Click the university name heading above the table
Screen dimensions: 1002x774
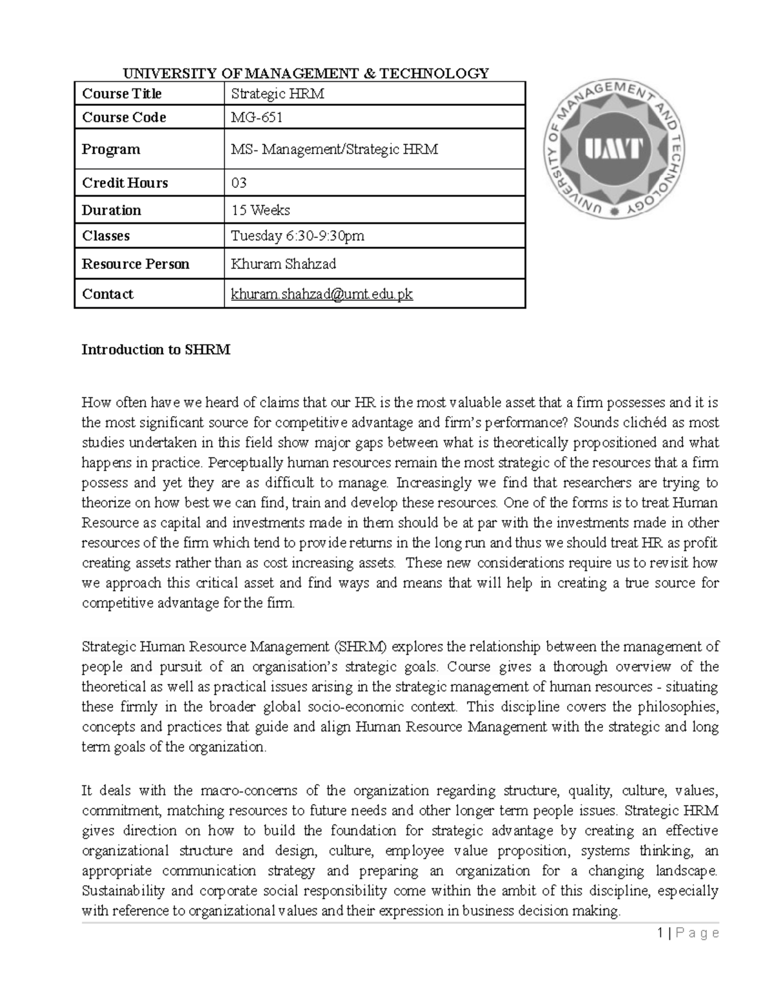(x=301, y=73)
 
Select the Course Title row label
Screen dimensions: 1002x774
(x=122, y=94)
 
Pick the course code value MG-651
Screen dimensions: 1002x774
(x=257, y=117)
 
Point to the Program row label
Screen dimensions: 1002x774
(x=111, y=150)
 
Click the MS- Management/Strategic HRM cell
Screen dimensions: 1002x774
(x=334, y=150)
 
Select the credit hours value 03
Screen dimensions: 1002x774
(x=239, y=183)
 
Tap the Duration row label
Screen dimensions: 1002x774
(x=111, y=210)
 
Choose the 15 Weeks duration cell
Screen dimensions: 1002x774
(x=261, y=210)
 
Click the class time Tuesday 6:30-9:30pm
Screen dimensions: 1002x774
(x=297, y=236)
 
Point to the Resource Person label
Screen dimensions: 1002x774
(x=135, y=264)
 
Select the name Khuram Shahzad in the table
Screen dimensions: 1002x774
(x=283, y=264)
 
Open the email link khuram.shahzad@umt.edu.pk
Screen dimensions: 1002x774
(x=322, y=294)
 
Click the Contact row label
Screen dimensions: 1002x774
(x=108, y=294)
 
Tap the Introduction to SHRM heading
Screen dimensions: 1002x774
(x=155, y=350)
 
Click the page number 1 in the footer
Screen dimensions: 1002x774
(x=660, y=933)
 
